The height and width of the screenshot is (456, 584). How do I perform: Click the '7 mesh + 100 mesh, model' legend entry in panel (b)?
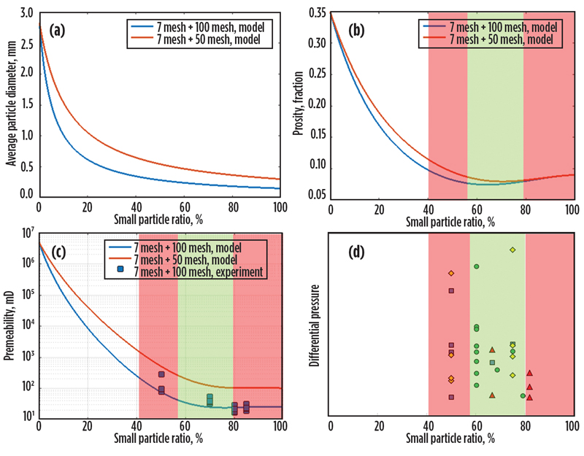coord(496,26)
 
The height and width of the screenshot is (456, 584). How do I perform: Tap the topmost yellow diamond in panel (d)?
coord(512,250)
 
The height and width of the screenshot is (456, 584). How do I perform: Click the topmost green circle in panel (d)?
coord(476,267)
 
